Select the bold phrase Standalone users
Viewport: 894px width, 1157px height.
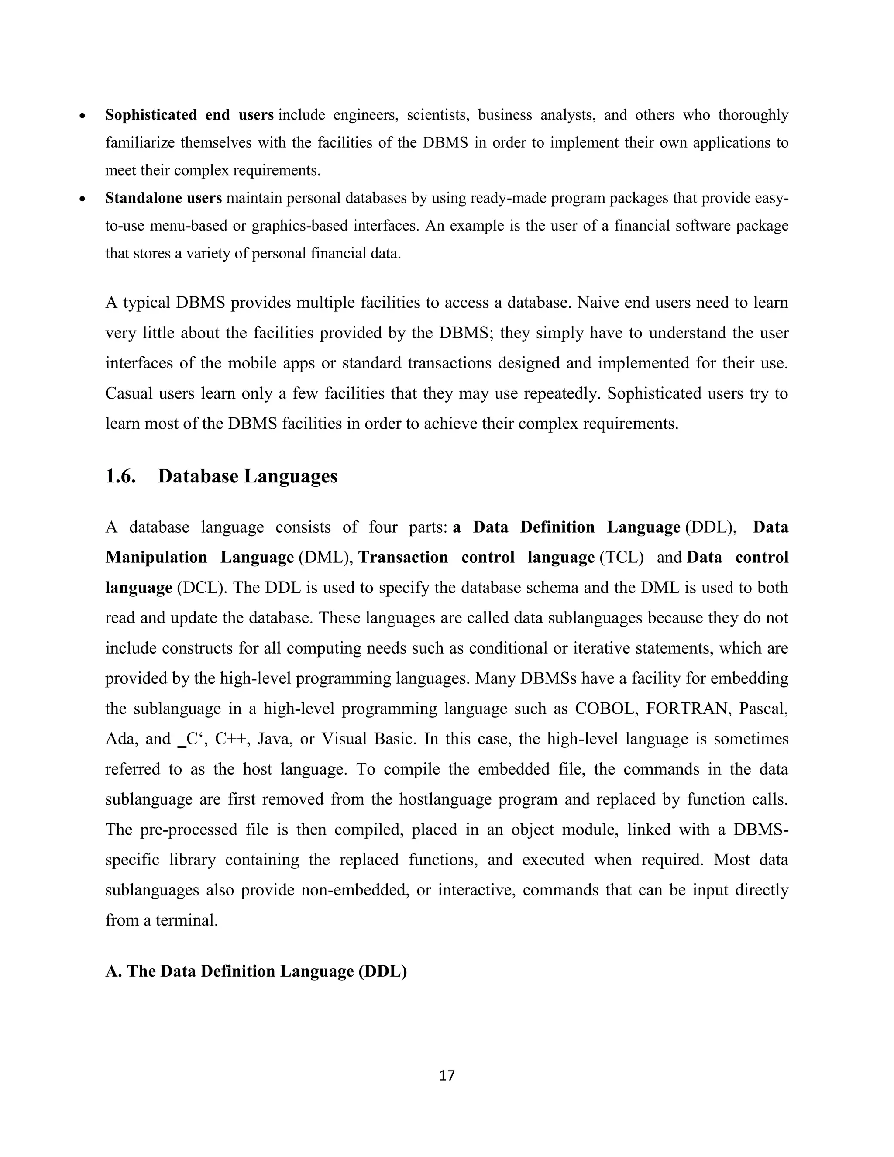pos(163,198)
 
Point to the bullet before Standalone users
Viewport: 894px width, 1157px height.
pos(82,199)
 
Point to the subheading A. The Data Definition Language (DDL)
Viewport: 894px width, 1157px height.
pos(256,971)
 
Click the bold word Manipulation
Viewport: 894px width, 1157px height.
pos(156,557)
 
